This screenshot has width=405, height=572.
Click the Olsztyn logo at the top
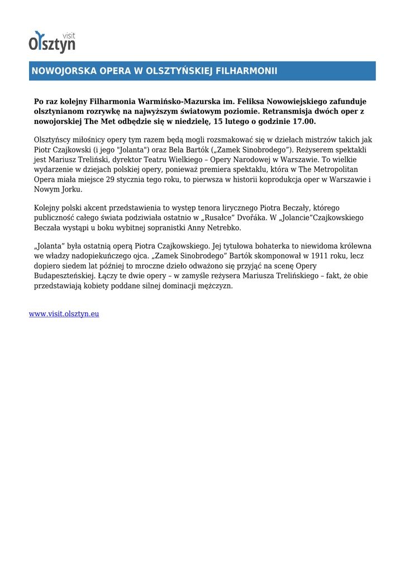(x=52, y=42)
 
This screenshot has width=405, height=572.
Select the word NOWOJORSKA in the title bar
(x=63, y=71)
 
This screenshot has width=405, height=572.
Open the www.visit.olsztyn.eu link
(x=64, y=314)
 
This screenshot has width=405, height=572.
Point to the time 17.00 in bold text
(x=303, y=121)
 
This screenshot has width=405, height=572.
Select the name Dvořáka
(x=244, y=218)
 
